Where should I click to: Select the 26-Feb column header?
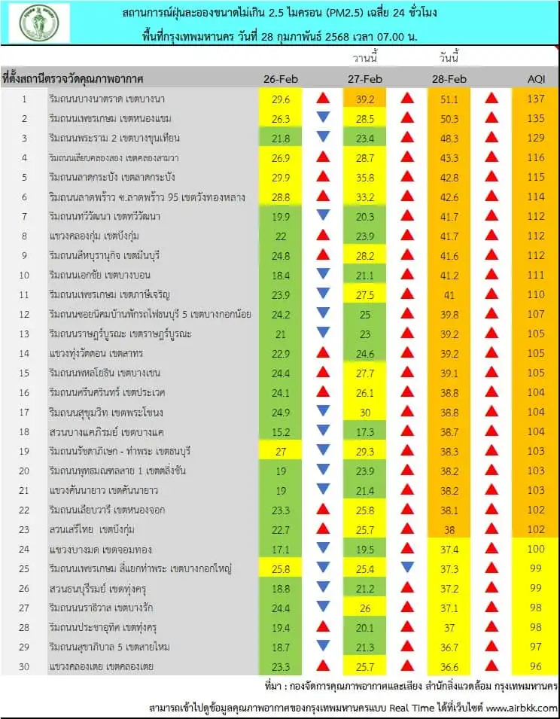tap(281, 79)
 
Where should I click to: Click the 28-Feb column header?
tap(450, 79)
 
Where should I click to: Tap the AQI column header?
tap(536, 79)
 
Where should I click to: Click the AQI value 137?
tap(536, 99)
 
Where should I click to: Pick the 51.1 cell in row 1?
tap(450, 99)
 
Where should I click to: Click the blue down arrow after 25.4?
tap(407, 568)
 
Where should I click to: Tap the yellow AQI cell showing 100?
tap(536, 549)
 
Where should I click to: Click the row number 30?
tap(23, 666)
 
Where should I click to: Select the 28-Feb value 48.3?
tap(450, 138)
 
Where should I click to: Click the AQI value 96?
tap(536, 666)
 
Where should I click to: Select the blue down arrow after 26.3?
tap(323, 117)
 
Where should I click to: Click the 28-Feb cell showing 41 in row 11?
tap(450, 294)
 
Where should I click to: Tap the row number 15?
tap(23, 373)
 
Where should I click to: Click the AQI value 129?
tap(536, 138)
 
